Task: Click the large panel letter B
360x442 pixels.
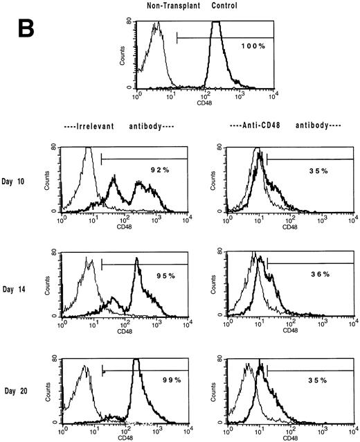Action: (x=21, y=33)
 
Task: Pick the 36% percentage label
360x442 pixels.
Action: (x=320, y=274)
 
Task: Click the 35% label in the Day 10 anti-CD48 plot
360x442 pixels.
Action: (x=320, y=168)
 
